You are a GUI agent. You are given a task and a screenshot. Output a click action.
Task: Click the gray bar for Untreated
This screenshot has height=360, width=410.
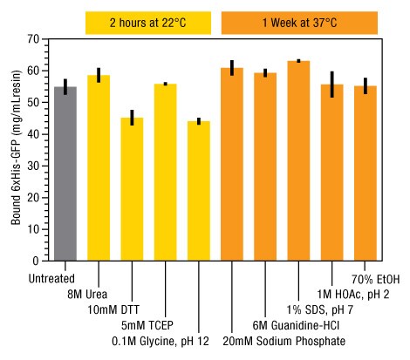tap(65, 174)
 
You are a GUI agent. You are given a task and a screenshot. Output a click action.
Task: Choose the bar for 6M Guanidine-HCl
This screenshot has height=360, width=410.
tap(265, 166)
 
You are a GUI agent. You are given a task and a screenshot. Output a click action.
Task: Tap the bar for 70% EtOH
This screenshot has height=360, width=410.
tap(365, 173)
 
